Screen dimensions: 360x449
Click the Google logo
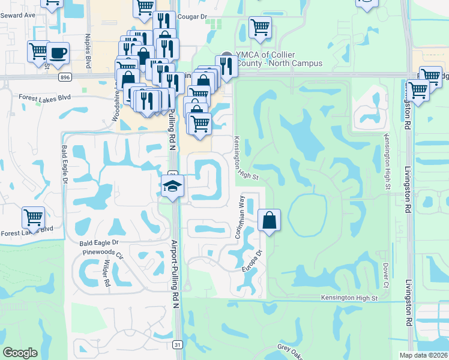pos(20,353)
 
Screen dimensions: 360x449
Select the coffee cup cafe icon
pos(58,52)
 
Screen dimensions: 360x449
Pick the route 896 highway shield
pos(66,77)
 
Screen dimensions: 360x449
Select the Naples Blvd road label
pos(88,51)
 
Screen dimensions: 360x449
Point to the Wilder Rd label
pos(106,273)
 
